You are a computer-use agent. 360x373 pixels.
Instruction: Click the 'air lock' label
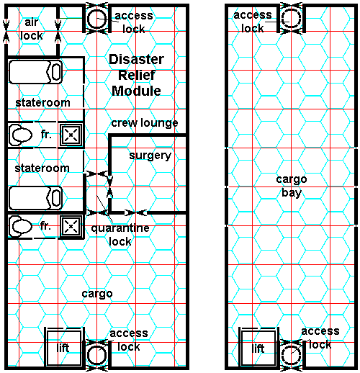[x=32, y=29]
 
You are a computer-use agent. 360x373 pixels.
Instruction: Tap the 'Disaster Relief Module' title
[x=136, y=75]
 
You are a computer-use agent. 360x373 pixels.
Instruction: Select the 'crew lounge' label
[x=145, y=123]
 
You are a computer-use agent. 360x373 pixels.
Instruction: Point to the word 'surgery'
[x=150, y=156]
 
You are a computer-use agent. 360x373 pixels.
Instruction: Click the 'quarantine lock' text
[x=120, y=235]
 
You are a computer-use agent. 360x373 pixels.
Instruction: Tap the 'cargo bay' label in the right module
[x=292, y=186]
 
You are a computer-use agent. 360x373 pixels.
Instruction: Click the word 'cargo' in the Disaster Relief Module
[x=97, y=294]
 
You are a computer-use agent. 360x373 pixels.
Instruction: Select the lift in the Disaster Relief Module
[x=63, y=347]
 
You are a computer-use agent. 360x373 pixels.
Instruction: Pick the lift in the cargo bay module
[x=258, y=347]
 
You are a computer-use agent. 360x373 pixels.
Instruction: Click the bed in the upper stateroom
[x=35, y=72]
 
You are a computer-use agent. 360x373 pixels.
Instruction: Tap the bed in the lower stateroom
[x=35, y=198]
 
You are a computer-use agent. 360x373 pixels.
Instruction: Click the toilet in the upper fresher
[x=21, y=135]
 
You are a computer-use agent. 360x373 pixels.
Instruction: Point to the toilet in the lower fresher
[x=21, y=226]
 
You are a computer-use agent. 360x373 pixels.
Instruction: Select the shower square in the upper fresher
[x=71, y=135]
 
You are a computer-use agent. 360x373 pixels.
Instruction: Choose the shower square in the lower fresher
[x=71, y=226]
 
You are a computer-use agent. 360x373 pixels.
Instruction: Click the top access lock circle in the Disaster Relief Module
[x=88, y=19]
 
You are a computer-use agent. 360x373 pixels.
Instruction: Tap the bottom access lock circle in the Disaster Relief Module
[x=88, y=356]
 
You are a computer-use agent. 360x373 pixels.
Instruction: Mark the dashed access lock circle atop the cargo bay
[x=282, y=19]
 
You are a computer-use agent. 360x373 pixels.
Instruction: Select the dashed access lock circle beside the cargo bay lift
[x=282, y=356]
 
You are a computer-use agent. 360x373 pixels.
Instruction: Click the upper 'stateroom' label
[x=42, y=103]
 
